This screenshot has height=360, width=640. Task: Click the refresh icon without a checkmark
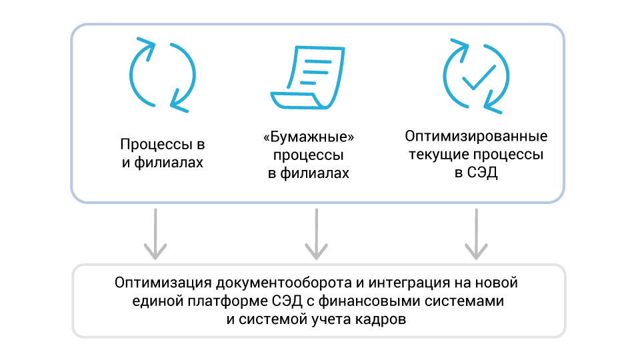click(x=162, y=75)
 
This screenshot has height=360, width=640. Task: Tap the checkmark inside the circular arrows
click(x=478, y=79)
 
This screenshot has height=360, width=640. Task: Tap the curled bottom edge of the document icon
click(x=293, y=101)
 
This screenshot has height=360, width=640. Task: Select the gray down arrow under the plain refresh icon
click(x=155, y=233)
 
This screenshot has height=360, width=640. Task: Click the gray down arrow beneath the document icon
click(x=316, y=233)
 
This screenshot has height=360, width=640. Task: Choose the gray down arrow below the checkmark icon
click(x=476, y=233)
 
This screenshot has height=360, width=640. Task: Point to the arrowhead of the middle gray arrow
click(x=316, y=252)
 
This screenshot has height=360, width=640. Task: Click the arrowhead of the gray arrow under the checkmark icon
click(x=476, y=252)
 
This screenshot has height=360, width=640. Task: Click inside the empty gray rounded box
click(x=319, y=300)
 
